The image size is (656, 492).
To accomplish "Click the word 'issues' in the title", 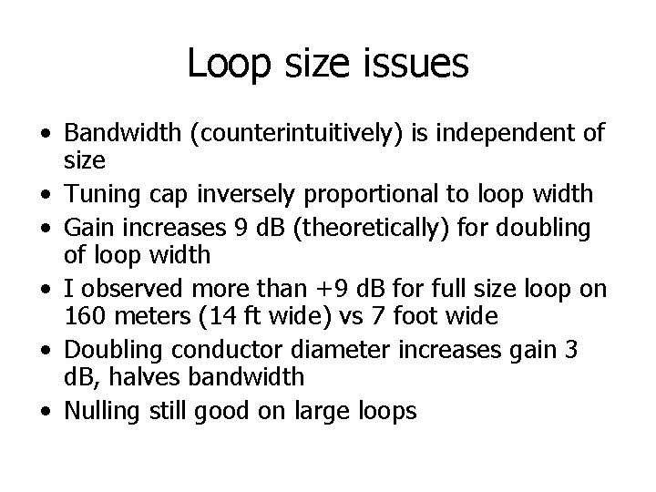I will [x=420, y=64].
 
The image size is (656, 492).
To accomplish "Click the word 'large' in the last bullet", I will [x=326, y=410].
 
